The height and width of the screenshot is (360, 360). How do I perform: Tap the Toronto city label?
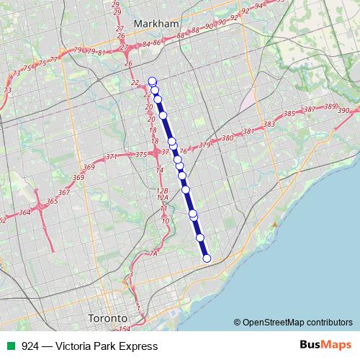coord(107,318)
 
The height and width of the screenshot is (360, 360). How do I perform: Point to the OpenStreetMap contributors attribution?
coord(292,323)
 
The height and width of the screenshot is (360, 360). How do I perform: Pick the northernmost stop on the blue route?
coord(152,81)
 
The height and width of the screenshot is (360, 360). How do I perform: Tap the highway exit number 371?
coord(111,156)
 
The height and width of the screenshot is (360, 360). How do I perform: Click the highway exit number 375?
coord(141,155)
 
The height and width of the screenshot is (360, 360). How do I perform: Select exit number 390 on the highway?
coord(343,110)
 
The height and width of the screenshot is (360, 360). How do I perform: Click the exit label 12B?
coord(161,190)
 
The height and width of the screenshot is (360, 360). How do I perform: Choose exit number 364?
coord(25,212)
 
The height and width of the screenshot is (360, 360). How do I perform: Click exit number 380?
coord(227,138)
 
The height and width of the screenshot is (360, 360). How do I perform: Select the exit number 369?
coord(89,167)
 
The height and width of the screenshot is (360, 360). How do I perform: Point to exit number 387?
coord(310,109)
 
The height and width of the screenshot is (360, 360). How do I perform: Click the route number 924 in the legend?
coord(30,346)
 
